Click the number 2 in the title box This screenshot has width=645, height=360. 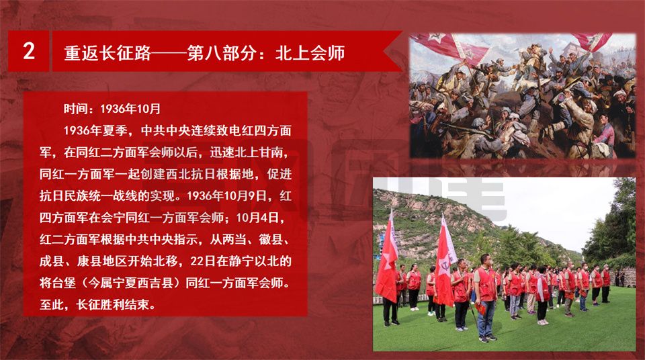[29, 52]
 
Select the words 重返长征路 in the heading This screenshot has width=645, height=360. [107, 53]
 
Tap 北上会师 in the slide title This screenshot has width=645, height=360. [310, 53]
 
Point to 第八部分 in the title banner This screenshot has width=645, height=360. [222, 53]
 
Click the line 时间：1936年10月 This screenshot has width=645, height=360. [112, 109]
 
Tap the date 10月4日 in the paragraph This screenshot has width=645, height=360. [255, 217]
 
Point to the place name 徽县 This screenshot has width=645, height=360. [271, 239]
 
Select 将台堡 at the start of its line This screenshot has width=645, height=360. [58, 283]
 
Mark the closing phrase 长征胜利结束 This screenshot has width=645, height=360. [112, 304]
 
